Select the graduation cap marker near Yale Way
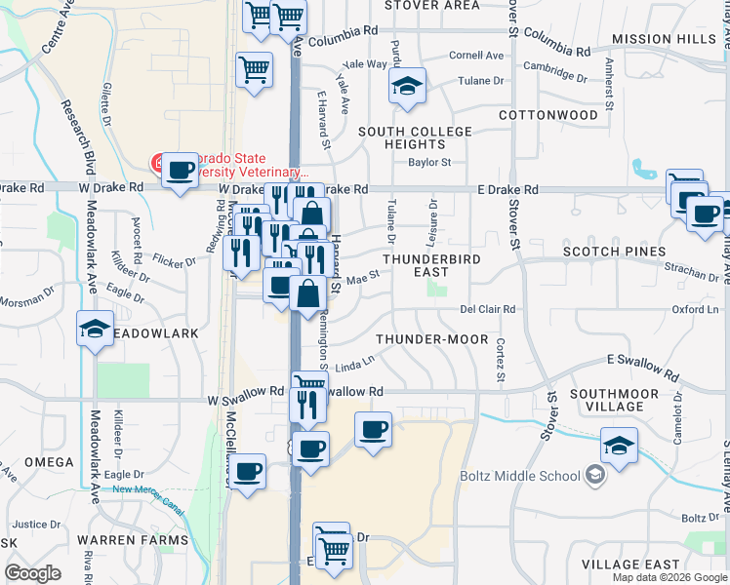pos(408,85)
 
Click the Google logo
pos(32,573)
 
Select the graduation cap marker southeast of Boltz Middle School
pos(620,445)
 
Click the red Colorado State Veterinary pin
pos(155,161)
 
